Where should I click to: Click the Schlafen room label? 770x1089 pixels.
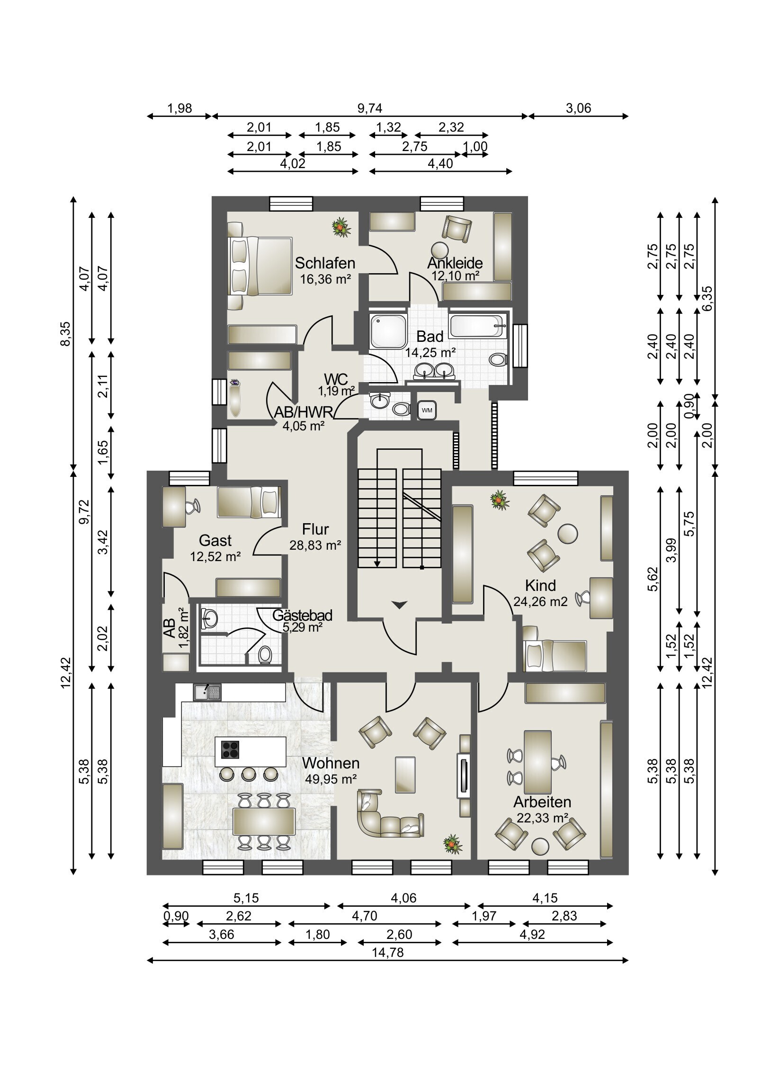click(325, 263)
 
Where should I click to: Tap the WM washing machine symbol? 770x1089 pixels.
click(427, 411)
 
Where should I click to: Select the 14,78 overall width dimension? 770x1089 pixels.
click(388, 952)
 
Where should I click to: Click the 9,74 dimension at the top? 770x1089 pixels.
click(369, 108)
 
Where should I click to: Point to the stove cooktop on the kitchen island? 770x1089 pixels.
click(230, 750)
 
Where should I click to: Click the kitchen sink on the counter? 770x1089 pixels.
click(207, 692)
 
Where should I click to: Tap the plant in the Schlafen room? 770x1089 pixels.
click(341, 227)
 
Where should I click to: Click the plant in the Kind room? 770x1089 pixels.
click(500, 500)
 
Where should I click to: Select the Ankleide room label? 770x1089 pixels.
click(455, 263)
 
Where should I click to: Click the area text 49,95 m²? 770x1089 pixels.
click(331, 779)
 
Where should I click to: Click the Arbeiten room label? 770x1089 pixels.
click(542, 802)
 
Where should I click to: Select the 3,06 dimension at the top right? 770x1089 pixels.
click(578, 108)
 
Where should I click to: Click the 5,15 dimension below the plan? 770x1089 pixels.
click(246, 898)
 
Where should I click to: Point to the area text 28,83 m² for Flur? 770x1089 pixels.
click(315, 545)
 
